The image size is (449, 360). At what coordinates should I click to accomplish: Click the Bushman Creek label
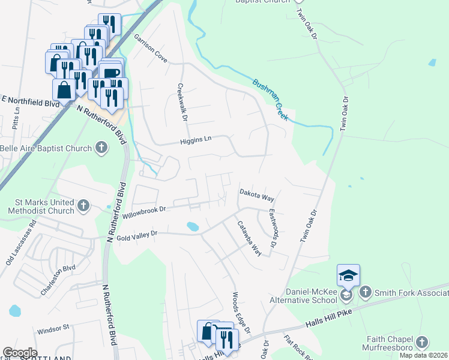271,100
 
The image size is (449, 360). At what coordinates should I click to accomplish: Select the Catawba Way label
249,238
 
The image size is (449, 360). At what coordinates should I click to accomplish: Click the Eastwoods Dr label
274,229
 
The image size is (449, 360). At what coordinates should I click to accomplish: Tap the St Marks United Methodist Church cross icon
83,206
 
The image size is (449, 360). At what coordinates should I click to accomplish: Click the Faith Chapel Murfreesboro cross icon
422,343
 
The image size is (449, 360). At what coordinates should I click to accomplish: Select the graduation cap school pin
348,275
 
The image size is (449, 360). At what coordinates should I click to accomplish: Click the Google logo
20,352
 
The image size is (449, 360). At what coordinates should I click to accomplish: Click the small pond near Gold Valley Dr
193,227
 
